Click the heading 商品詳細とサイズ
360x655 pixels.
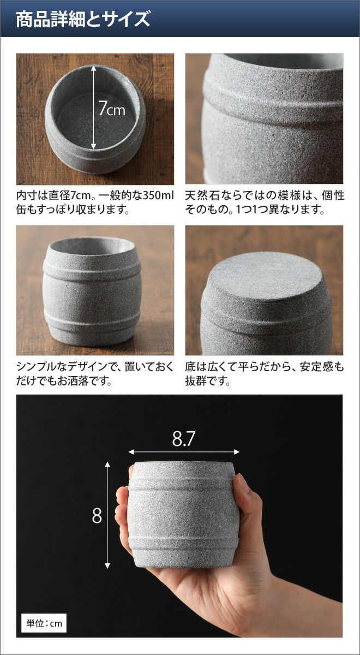83,19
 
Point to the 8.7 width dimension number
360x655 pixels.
183,439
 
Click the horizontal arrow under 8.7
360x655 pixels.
184,452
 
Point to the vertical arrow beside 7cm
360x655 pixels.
93,108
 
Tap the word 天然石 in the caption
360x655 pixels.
202,195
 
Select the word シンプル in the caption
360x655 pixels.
39,367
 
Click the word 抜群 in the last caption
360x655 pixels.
196,381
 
